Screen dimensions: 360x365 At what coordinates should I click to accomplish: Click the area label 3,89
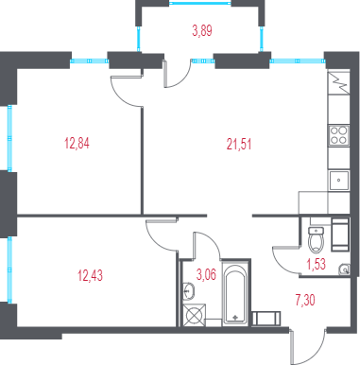pyautogui.click(x=202, y=31)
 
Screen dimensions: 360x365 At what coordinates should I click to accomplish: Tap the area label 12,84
pyautogui.click(x=77, y=144)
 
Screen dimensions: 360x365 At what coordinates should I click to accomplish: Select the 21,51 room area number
pyautogui.click(x=239, y=145)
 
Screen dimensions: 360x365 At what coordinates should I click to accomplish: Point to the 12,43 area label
pyautogui.click(x=90, y=275)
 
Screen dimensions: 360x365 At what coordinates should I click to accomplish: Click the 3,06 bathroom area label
pyautogui.click(x=206, y=274)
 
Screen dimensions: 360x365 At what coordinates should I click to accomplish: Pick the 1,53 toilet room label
pyautogui.click(x=316, y=264)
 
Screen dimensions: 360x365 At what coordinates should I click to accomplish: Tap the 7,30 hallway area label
pyautogui.click(x=305, y=300)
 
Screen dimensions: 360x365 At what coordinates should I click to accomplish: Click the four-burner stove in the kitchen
pyautogui.click(x=339, y=135)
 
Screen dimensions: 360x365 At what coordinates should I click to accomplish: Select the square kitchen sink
pyautogui.click(x=339, y=181)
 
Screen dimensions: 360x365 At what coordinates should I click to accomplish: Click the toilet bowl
pyautogui.click(x=316, y=240)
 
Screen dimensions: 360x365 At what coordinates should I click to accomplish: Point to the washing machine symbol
pyautogui.click(x=194, y=315)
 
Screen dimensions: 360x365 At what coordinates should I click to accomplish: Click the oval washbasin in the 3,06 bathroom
pyautogui.click(x=189, y=290)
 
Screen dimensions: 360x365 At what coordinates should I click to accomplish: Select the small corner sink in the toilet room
pyautogui.click(x=344, y=269)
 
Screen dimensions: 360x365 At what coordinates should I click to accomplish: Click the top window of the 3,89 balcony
pyautogui.click(x=200, y=4)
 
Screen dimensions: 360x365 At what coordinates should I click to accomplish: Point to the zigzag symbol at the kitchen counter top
pyautogui.click(x=339, y=82)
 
